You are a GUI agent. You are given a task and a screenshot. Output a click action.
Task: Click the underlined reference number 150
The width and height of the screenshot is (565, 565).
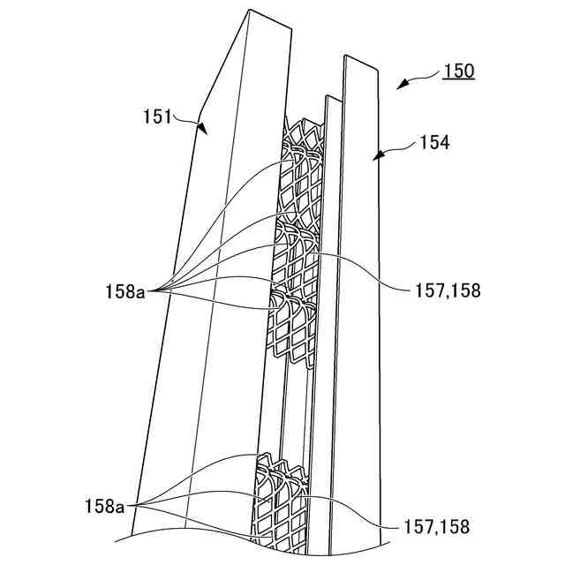pyautogui.click(x=458, y=72)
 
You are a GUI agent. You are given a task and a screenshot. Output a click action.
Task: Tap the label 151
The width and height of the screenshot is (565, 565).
pyautogui.click(x=158, y=115)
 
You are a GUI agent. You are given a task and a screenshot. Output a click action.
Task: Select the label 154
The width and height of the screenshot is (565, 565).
pyautogui.click(x=433, y=142)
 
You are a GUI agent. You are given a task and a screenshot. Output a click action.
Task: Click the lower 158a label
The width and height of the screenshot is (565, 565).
pyautogui.click(x=104, y=506)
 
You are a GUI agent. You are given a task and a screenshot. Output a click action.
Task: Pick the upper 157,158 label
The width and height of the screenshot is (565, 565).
pyautogui.click(x=447, y=290)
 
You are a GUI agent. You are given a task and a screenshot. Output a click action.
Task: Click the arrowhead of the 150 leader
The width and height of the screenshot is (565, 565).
pyautogui.click(x=400, y=87)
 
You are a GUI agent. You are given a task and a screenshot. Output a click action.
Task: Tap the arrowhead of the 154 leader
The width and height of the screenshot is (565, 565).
pyautogui.click(x=377, y=155)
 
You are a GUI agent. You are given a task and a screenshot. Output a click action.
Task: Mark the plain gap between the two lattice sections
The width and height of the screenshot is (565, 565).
pyautogui.click(x=284, y=406)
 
